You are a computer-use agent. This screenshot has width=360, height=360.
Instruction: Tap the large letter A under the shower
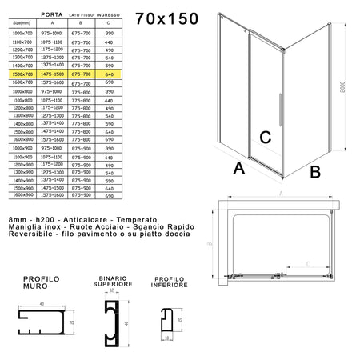238,168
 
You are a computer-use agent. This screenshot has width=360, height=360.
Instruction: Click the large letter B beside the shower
315,170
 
